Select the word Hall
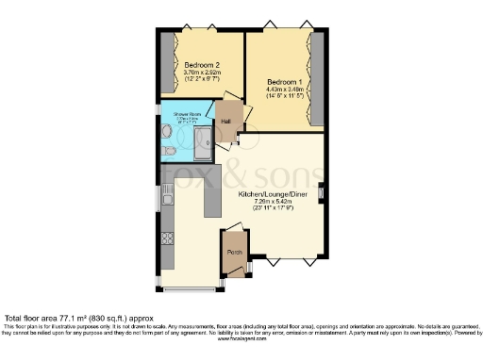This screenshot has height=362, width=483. (225, 122)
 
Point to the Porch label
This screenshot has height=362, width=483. (233, 253)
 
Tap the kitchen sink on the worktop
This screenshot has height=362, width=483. (167, 197)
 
